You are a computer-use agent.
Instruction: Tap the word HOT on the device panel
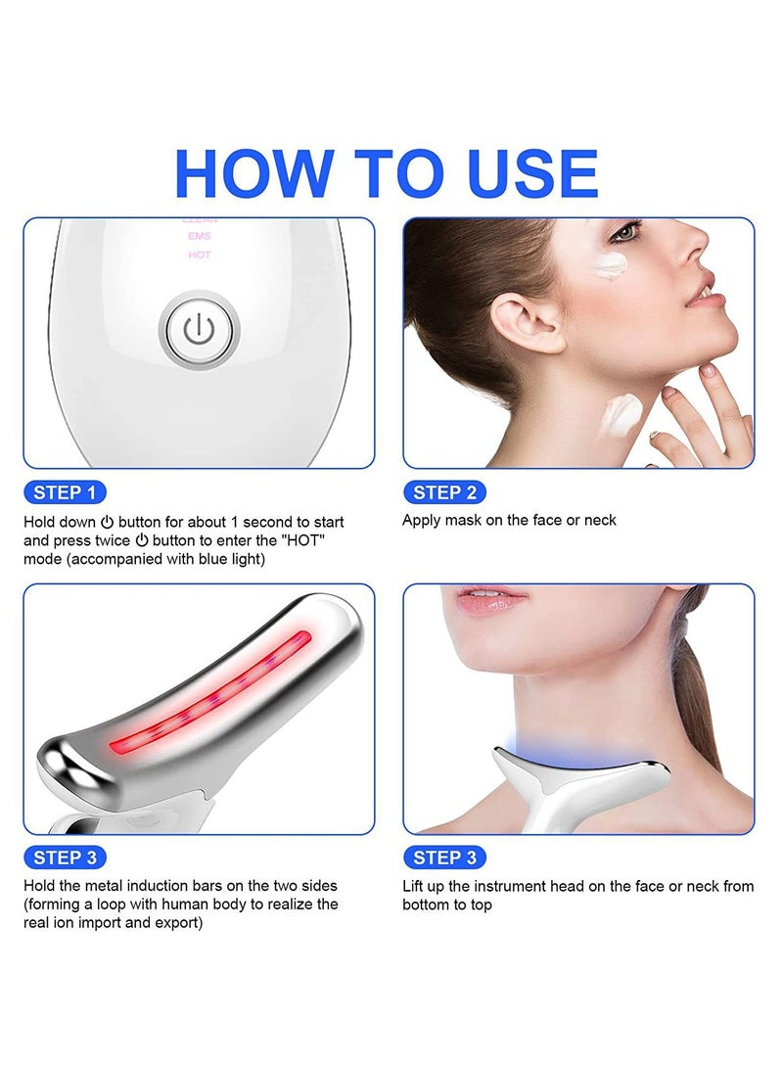click(199, 255)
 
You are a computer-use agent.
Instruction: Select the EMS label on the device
click(199, 237)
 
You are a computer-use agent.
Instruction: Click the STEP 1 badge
click(65, 492)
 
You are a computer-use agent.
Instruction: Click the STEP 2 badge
click(444, 492)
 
